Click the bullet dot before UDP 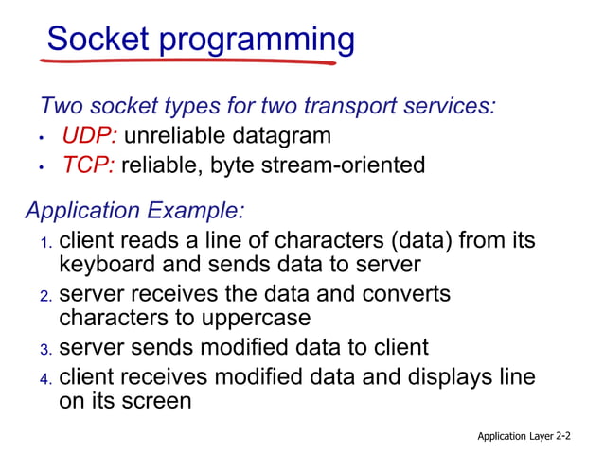[x=42, y=138]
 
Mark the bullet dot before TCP [x=42, y=167]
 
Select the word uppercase [x=253, y=318]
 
